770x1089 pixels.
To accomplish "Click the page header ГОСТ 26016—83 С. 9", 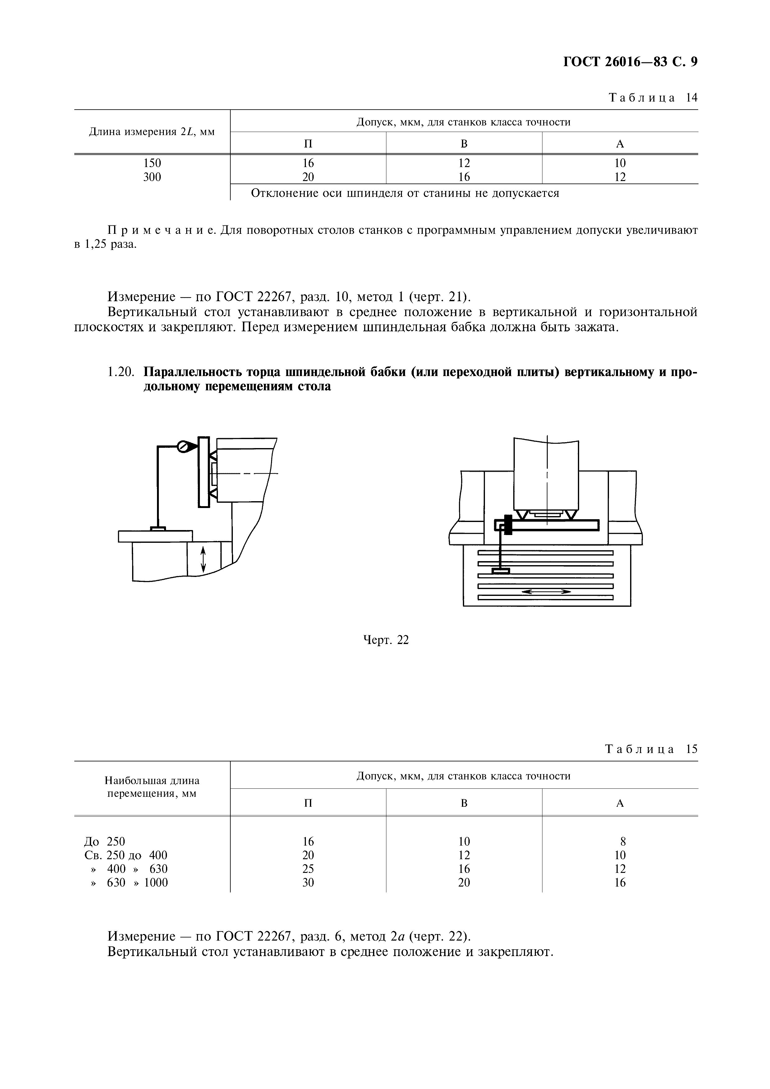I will [x=629, y=62].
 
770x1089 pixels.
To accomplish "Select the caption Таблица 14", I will [x=653, y=98].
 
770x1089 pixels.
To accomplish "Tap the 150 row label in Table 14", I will [x=152, y=163].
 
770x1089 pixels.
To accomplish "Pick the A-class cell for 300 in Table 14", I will [x=620, y=177].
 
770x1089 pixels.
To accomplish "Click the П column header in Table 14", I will [x=308, y=144].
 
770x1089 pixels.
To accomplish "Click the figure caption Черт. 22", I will [x=385, y=640].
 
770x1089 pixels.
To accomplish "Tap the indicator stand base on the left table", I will [x=158, y=529].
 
